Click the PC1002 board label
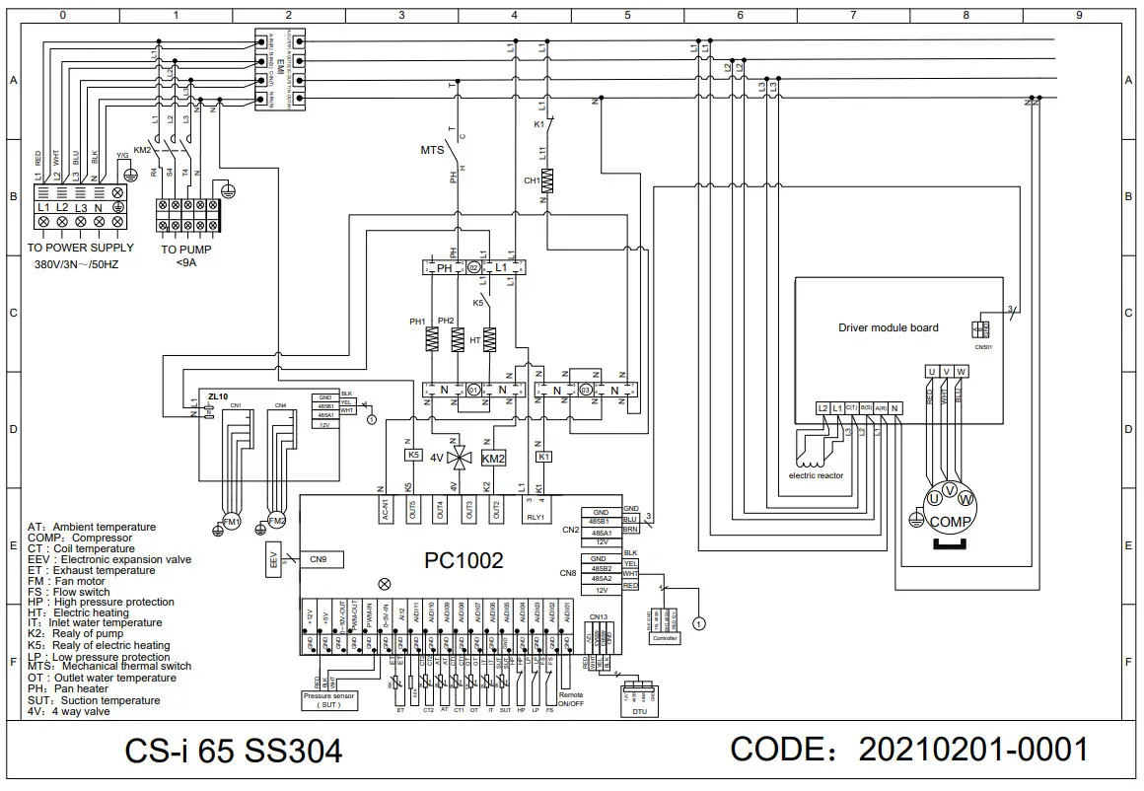(x=464, y=561)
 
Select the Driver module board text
(x=888, y=327)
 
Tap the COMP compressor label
(x=951, y=522)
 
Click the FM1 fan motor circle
(x=231, y=521)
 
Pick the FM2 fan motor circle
(x=277, y=521)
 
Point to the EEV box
(x=273, y=559)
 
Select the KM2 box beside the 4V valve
(x=493, y=458)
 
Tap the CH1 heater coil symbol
(x=549, y=180)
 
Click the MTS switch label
(x=432, y=151)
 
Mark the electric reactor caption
(x=816, y=475)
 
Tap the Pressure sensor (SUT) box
(x=328, y=699)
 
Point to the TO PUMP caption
(x=186, y=250)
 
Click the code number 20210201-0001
(x=973, y=749)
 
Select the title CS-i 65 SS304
(x=234, y=752)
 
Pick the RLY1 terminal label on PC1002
(x=535, y=515)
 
